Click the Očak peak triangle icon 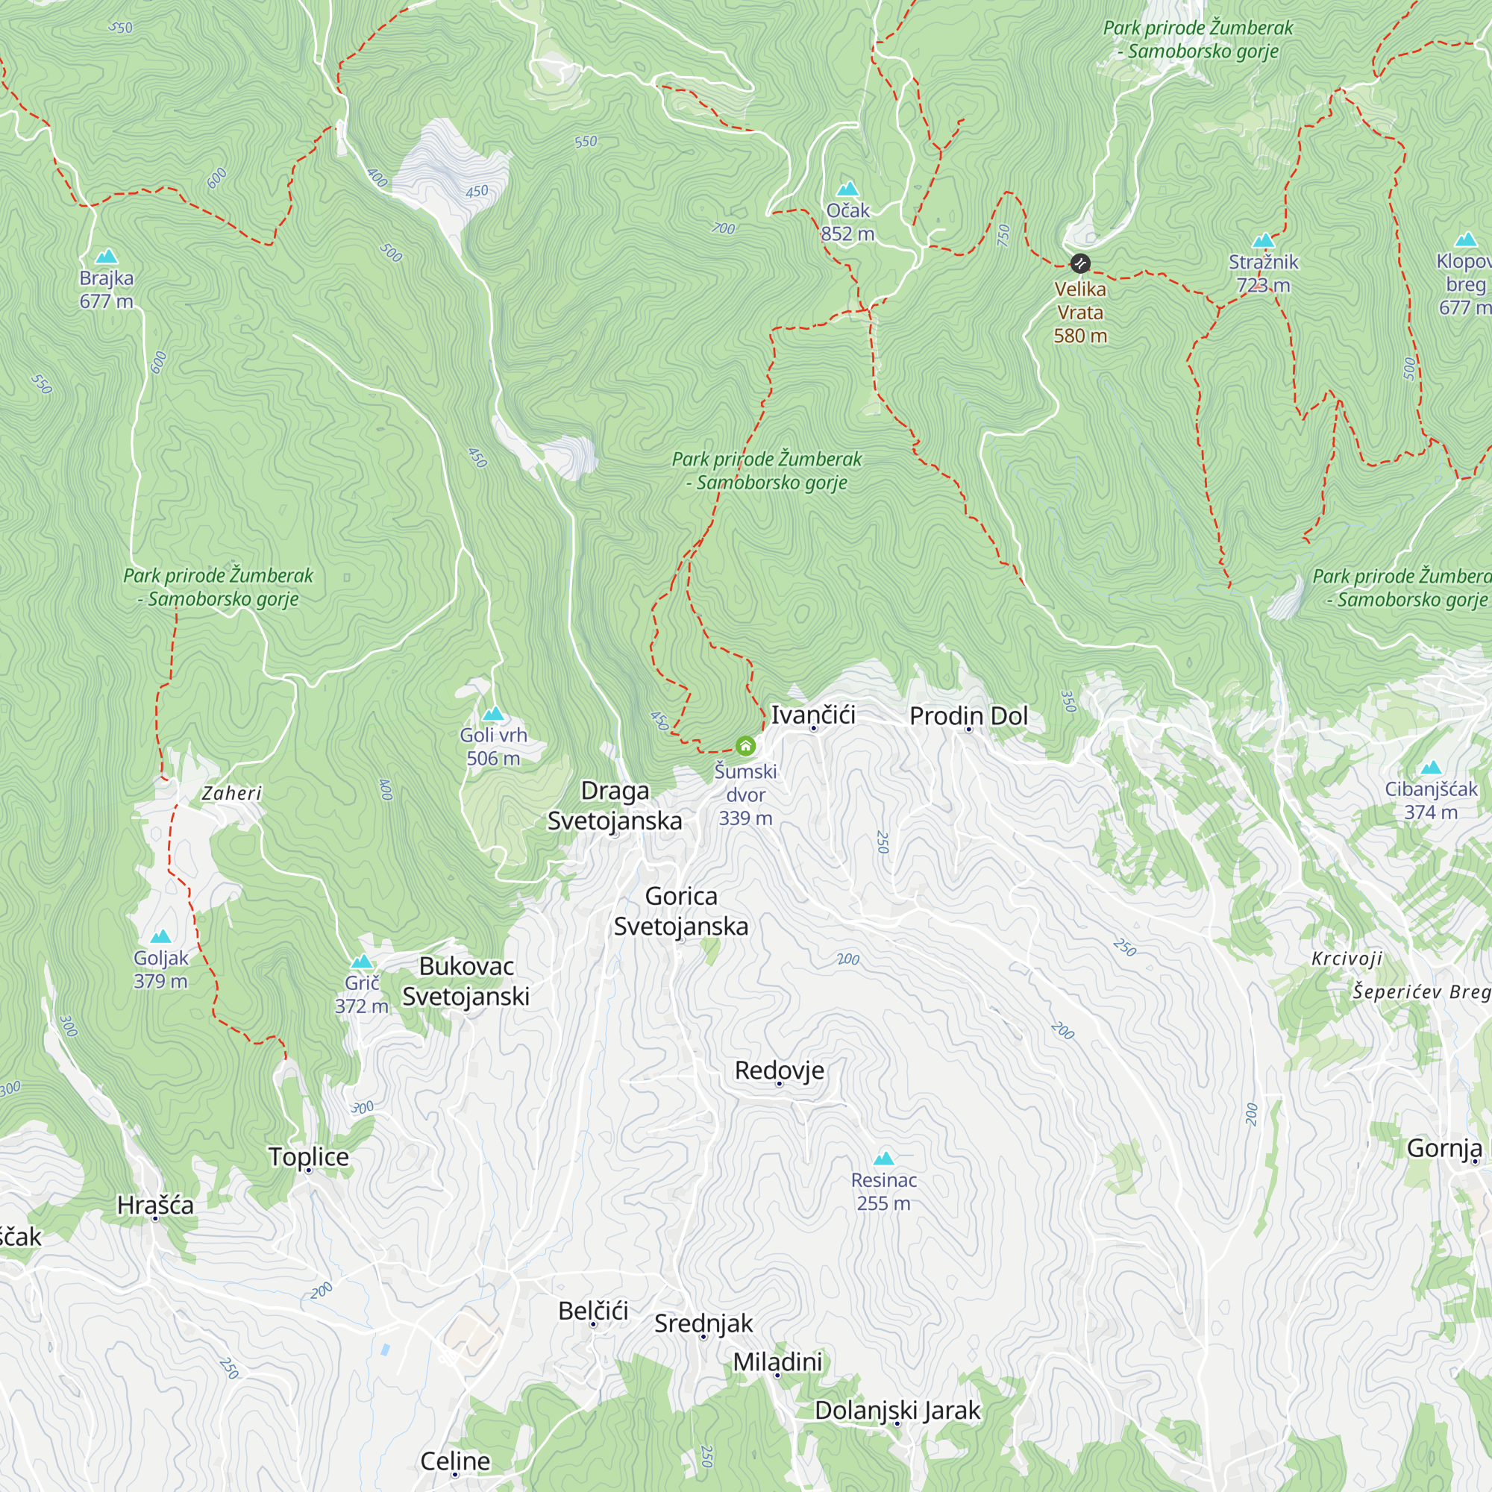click(848, 189)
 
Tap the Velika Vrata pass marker click(1080, 264)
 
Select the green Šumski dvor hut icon click(745, 745)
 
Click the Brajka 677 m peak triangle click(107, 257)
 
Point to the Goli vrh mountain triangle click(492, 714)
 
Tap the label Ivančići click(813, 715)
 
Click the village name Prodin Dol click(968, 716)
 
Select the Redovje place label click(780, 1071)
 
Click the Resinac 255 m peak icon click(883, 1159)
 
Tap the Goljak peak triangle click(160, 937)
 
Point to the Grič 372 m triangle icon click(361, 962)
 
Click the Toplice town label click(309, 1157)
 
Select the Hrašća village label click(155, 1205)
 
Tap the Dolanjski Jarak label click(897, 1410)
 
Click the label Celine click(455, 1461)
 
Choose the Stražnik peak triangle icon click(1264, 240)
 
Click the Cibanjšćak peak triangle click(1431, 768)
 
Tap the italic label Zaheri click(232, 793)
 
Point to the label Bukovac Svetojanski click(466, 981)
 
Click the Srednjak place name click(703, 1323)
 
